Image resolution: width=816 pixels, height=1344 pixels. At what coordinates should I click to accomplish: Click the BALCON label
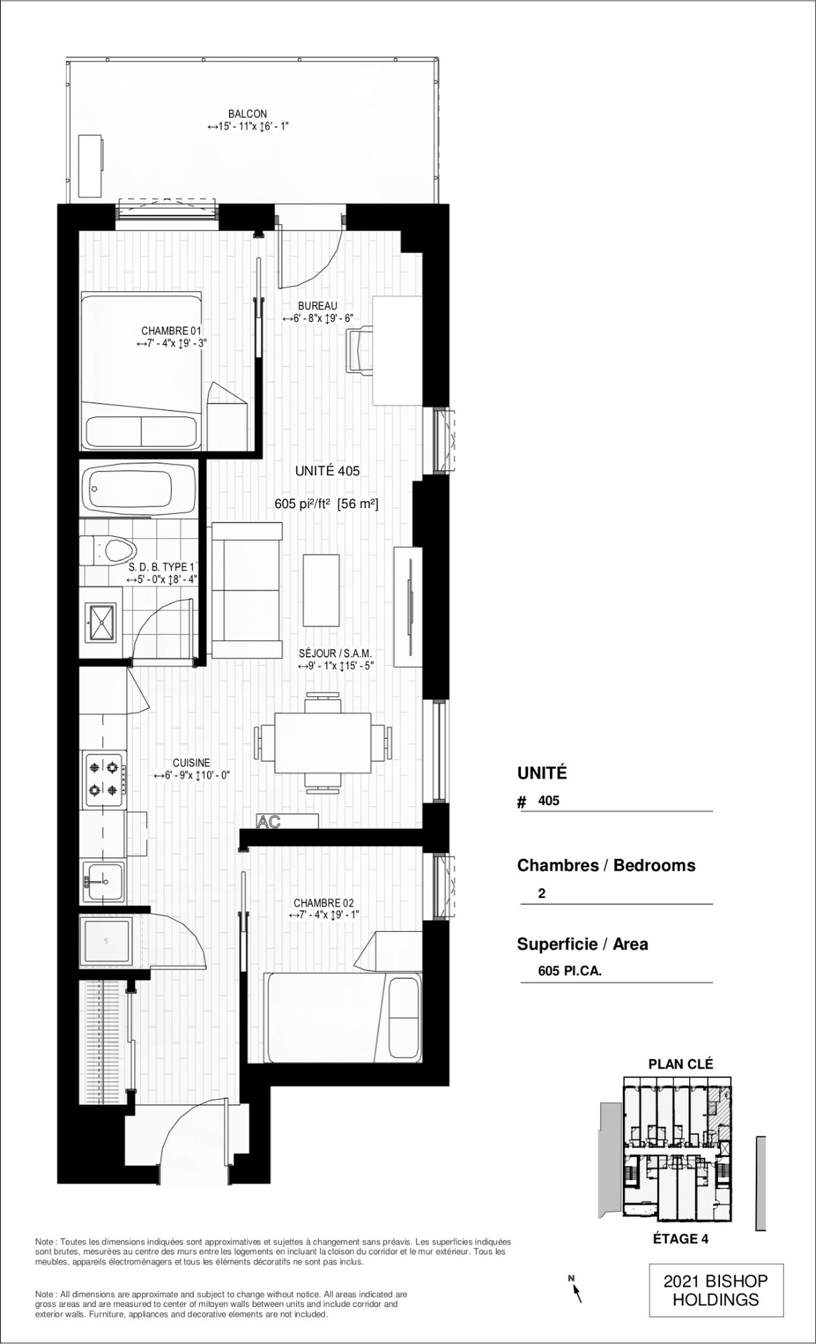click(248, 114)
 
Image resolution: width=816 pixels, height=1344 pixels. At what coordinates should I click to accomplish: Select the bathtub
click(138, 490)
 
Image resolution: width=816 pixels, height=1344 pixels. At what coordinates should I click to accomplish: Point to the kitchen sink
click(103, 882)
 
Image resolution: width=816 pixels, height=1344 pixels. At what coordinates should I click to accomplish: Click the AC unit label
click(268, 822)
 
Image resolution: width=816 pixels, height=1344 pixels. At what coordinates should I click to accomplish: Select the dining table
click(324, 742)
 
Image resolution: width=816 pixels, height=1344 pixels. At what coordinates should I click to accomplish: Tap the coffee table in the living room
click(321, 591)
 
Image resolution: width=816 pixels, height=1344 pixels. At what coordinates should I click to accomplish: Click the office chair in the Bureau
click(360, 350)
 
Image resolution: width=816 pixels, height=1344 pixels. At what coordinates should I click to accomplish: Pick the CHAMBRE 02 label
click(324, 903)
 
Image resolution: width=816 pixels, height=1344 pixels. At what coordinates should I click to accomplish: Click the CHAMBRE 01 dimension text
click(171, 344)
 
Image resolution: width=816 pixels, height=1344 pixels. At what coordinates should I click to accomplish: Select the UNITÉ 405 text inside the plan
click(327, 471)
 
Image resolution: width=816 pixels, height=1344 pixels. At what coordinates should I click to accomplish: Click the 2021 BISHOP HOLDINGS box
click(716, 1290)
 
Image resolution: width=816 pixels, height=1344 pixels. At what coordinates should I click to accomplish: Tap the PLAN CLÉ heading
click(681, 1064)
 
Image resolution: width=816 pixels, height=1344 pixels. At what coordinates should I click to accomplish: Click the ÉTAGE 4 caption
click(681, 1239)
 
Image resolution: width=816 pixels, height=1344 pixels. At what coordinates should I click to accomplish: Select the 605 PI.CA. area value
click(570, 971)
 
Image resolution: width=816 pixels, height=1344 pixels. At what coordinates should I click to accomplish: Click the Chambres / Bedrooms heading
click(606, 865)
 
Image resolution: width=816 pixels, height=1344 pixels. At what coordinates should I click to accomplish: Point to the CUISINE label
click(191, 763)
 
